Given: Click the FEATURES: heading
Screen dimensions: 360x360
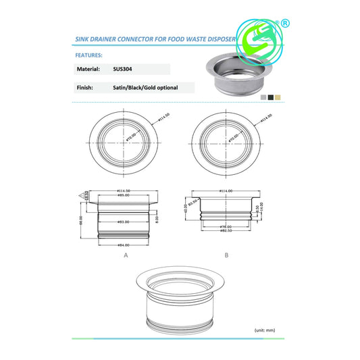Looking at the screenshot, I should point(88,55).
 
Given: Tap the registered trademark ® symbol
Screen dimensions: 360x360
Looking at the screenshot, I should point(286,22).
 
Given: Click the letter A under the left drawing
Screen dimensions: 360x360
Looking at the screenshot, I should point(126,256).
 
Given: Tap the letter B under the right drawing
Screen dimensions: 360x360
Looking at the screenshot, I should point(226,256).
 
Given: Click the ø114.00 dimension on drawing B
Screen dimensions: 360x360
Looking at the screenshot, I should point(225,191).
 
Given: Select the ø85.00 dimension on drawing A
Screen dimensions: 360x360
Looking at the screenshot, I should point(124,196).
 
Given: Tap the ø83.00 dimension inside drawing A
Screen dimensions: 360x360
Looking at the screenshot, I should point(124,221).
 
